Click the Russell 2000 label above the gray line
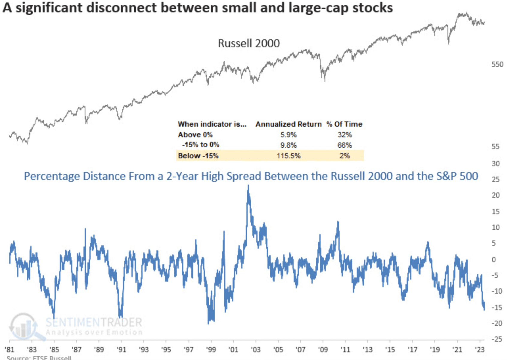click(x=249, y=43)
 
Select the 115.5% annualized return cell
click(x=288, y=156)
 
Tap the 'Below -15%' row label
click(x=198, y=156)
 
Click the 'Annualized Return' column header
click(x=288, y=124)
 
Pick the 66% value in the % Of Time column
click(x=344, y=145)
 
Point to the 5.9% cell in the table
click(x=288, y=135)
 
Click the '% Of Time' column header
click(x=344, y=124)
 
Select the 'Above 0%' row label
click(x=195, y=135)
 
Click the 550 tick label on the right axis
click(x=497, y=64)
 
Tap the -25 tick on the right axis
click(x=496, y=339)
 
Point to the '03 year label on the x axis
click(x=255, y=349)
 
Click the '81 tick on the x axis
click(x=10, y=349)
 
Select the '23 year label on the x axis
click(x=480, y=349)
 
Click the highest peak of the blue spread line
click(x=248, y=186)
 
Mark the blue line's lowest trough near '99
click(x=208, y=323)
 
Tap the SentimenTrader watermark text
click(x=94, y=322)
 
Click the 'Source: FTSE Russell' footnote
click(x=39, y=358)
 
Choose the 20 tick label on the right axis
click(x=496, y=195)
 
